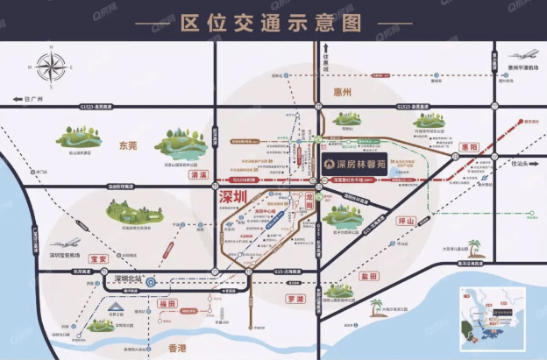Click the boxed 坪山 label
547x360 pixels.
click(x=405, y=221)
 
